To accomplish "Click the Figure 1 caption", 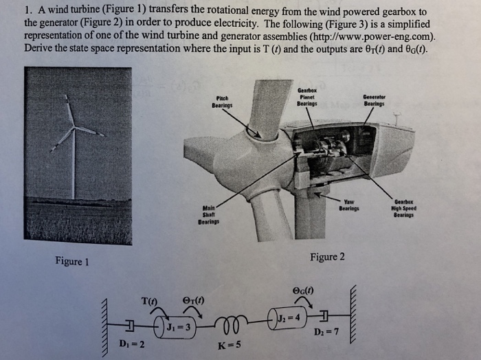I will click(73, 261).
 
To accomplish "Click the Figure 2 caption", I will click(327, 257).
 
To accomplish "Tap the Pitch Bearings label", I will click(221, 102).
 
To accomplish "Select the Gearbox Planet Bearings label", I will click(307, 98).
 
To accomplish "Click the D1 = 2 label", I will click(131, 342).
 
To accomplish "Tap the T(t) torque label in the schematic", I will click(149, 300).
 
